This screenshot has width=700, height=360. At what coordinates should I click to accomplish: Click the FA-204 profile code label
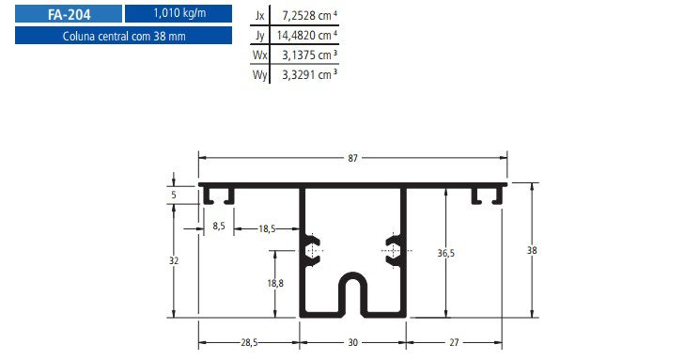point(68,14)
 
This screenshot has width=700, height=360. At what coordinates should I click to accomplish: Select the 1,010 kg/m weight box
point(178,14)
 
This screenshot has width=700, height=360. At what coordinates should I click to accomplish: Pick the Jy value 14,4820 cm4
point(304,36)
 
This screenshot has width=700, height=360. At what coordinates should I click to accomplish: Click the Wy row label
point(260,74)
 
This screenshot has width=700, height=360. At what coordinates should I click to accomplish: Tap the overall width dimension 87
point(353,158)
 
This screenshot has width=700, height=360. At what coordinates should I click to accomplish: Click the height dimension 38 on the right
point(533,250)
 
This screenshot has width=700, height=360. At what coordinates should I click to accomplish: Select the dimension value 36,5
point(446,253)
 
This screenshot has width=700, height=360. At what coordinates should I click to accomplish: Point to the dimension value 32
point(174,259)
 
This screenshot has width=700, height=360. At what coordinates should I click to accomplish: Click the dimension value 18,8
point(274,282)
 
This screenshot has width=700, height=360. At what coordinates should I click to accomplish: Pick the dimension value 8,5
point(218,227)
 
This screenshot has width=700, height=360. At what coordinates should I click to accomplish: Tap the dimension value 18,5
point(266,227)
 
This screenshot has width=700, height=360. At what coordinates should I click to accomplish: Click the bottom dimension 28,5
point(249,343)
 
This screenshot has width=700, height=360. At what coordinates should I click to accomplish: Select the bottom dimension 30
point(353,343)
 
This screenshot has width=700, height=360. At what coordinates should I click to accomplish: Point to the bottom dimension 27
point(456,343)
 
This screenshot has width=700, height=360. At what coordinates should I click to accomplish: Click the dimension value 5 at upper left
point(174,196)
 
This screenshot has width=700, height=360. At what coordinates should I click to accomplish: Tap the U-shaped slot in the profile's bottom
point(353,295)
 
